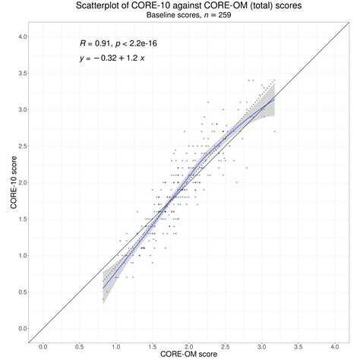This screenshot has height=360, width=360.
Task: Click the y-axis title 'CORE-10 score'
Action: pos(8,183)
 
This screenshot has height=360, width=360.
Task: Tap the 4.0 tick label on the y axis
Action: pos(21,36)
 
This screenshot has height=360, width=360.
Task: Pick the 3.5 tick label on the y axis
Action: pos(21,73)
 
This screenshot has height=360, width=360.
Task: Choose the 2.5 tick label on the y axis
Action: pos(21,146)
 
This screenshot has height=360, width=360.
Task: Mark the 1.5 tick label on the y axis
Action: pos(21,219)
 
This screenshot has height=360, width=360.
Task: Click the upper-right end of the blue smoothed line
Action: pos(274,99)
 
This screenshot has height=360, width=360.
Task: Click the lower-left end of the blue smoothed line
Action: pos(104,287)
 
